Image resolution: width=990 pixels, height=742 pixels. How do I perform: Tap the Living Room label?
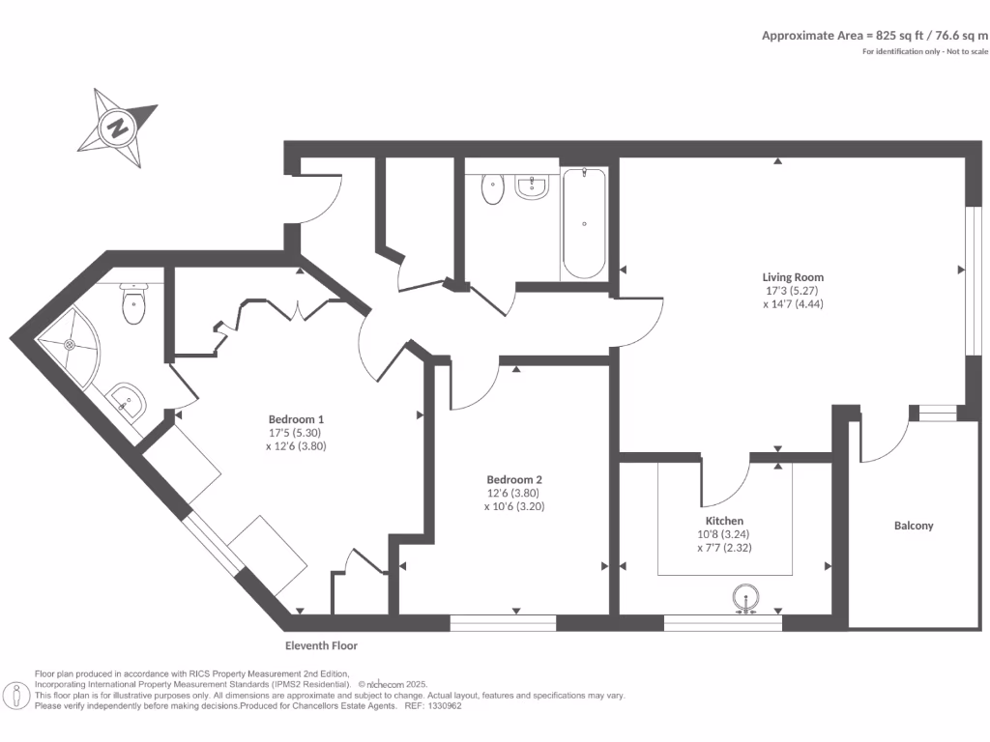(793, 277)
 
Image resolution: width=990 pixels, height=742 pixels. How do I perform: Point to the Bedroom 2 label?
(514, 479)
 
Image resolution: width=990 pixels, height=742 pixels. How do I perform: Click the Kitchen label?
(724, 521)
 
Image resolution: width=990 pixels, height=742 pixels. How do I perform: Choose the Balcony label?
(914, 526)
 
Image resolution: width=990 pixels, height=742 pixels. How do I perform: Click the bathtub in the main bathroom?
(584, 223)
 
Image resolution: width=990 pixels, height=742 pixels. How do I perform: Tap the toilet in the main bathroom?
(493, 188)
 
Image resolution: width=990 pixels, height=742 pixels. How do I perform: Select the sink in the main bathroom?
(532, 186)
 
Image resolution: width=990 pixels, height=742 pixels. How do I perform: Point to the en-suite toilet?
(133, 304)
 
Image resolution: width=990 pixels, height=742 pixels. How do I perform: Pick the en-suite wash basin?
(125, 400)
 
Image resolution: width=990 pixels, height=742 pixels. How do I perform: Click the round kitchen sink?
(746, 598)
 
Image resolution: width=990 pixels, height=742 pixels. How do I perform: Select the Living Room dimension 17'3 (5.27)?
(793, 291)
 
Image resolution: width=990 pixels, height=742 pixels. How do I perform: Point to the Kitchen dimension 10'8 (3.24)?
(724, 534)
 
